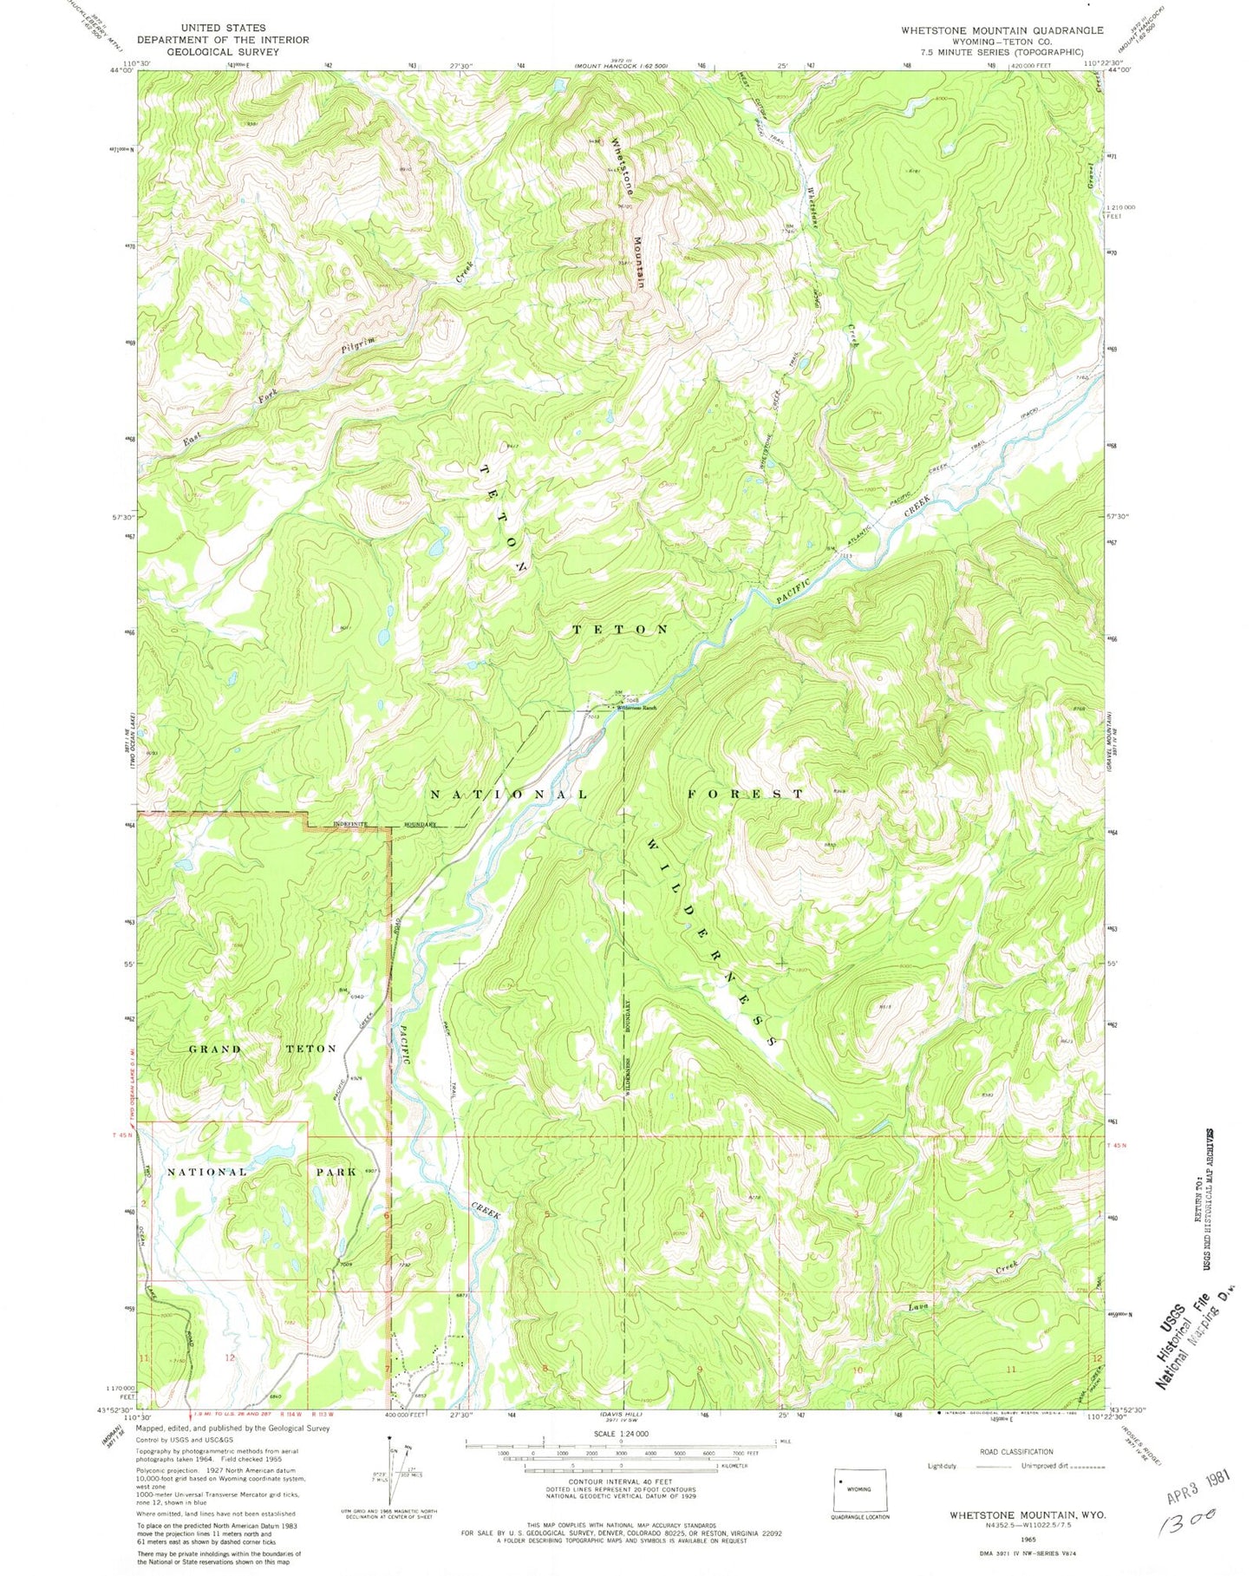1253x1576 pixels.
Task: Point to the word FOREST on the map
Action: click(747, 794)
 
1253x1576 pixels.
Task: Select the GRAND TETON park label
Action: click(263, 1049)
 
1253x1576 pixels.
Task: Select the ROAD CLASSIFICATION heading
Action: click(1015, 1450)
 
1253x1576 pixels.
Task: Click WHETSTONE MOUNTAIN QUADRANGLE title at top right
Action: click(1002, 30)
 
